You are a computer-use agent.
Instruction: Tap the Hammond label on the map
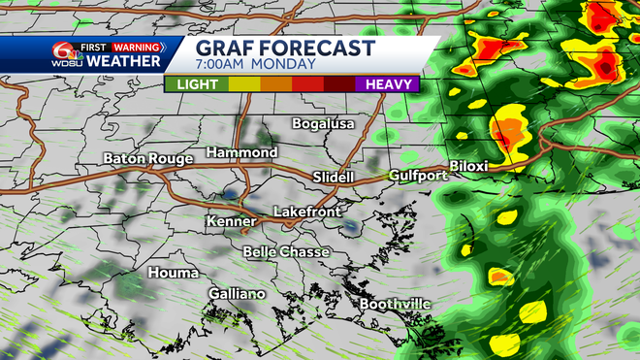tap(242, 152)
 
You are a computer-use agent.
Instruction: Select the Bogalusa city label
tap(325, 124)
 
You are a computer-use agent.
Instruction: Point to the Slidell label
tap(336, 177)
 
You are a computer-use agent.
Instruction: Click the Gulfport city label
tap(417, 176)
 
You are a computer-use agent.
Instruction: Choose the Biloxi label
tap(468, 167)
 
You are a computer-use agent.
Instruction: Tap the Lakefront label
tap(302, 211)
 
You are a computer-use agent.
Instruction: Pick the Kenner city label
tap(231, 222)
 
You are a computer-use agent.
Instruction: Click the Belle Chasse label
tap(286, 252)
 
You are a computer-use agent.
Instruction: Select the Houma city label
tap(173, 273)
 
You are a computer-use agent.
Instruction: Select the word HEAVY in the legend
tap(386, 84)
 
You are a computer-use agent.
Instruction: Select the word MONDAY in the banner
tap(288, 65)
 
